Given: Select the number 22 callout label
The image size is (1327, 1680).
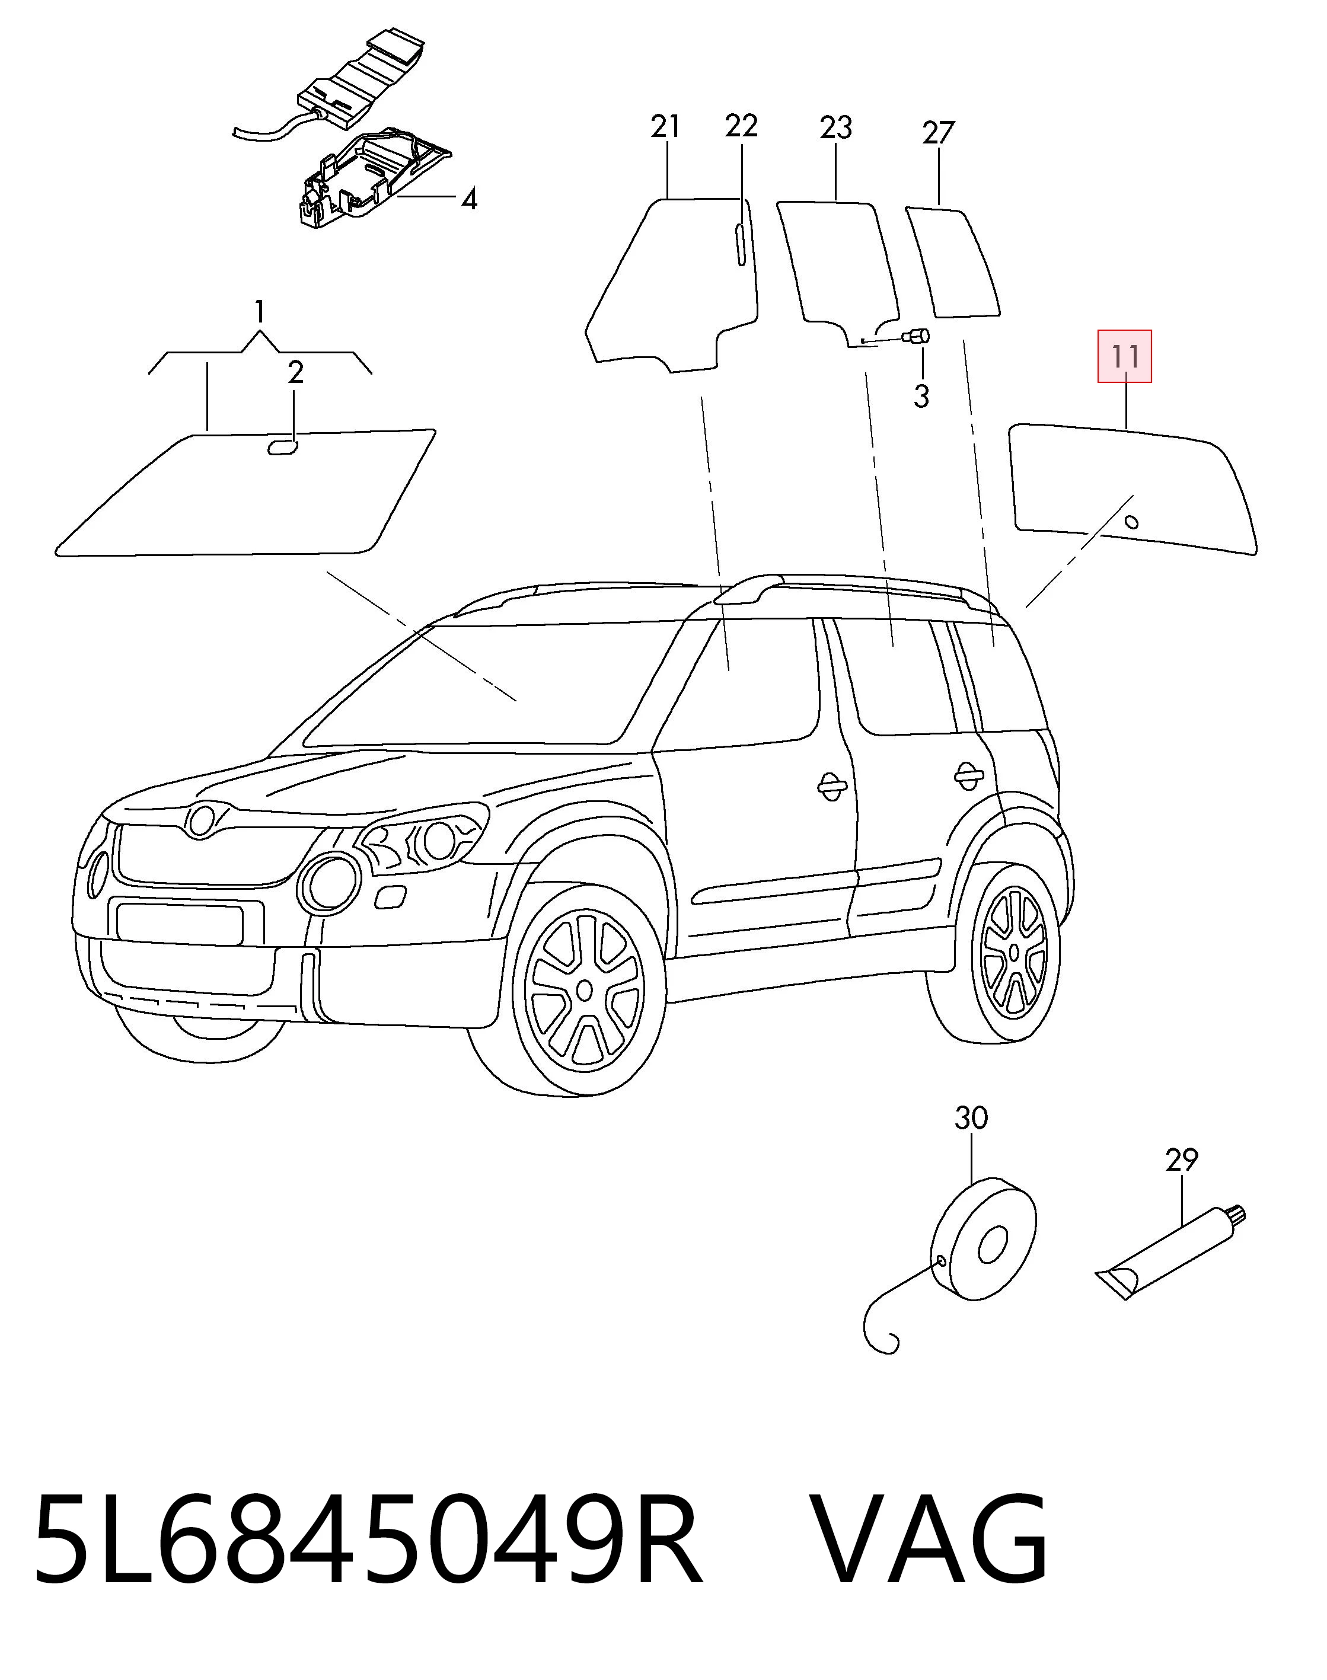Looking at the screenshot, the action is [741, 125].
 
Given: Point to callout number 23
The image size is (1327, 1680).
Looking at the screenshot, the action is [836, 127].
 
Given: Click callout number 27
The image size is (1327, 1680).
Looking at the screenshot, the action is [938, 133].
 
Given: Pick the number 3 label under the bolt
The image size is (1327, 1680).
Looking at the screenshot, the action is [921, 397].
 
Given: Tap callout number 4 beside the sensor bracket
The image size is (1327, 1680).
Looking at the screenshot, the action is [468, 200].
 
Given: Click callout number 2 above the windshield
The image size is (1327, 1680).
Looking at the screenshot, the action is [295, 373].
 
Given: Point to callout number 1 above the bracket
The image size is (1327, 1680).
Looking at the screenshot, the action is [260, 312].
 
